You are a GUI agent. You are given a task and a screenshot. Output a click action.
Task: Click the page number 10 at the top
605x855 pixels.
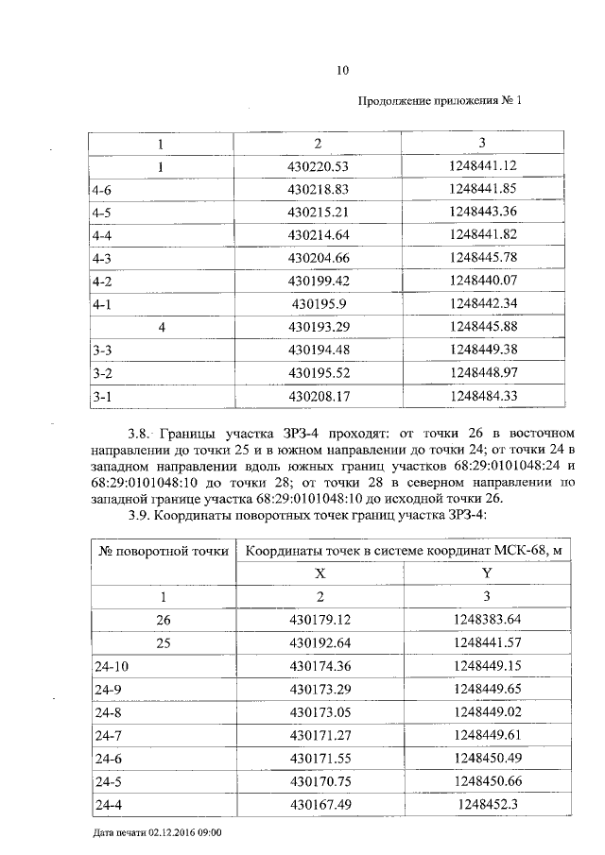(x=343, y=69)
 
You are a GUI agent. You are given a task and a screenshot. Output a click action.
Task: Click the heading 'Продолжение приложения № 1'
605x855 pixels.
(x=441, y=100)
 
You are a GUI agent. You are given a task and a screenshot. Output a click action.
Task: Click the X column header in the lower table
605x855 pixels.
(x=320, y=573)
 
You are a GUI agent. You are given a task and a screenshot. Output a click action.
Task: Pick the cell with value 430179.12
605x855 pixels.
(x=320, y=620)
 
